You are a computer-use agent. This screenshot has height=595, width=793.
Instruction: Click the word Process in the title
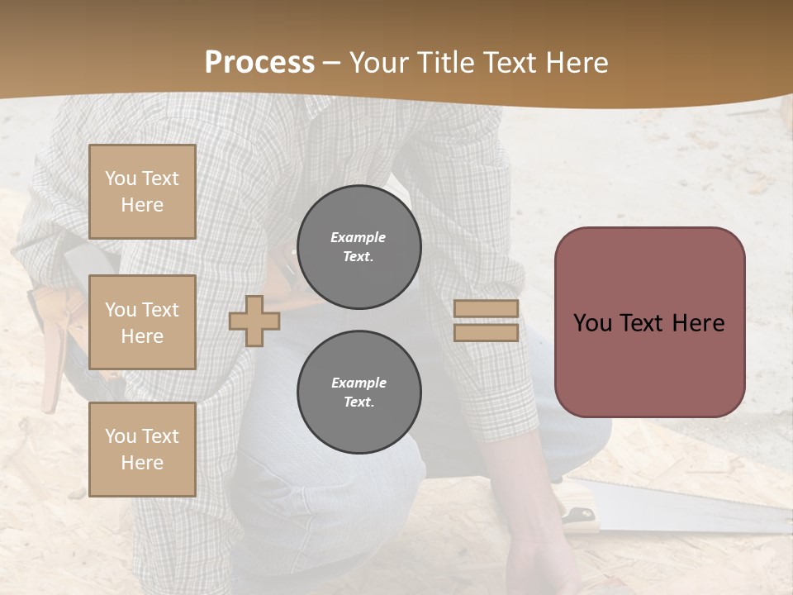click(259, 63)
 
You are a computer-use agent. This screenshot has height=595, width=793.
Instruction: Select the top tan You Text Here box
click(142, 192)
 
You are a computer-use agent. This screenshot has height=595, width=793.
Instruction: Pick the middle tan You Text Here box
click(142, 322)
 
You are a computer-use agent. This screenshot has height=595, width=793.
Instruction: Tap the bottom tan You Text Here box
click(142, 450)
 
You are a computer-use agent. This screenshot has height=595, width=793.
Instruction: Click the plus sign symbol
click(254, 321)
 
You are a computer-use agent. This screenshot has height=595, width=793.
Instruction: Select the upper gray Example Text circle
click(359, 247)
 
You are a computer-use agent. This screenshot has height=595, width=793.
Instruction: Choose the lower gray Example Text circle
click(359, 393)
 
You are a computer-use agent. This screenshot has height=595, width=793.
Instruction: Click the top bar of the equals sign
click(486, 309)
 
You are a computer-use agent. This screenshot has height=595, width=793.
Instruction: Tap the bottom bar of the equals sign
click(486, 333)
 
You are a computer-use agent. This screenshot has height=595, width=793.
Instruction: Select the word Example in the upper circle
click(359, 237)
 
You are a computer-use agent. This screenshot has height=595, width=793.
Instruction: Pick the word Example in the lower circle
click(359, 383)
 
